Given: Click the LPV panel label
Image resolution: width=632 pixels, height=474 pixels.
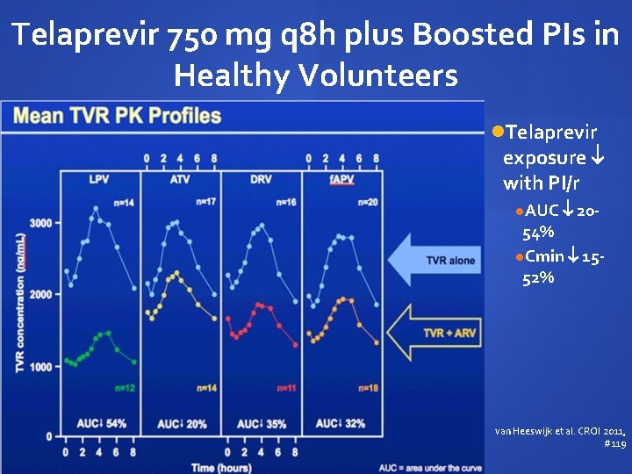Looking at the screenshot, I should [99, 180].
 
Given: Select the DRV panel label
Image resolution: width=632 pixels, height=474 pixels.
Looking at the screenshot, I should [261, 180].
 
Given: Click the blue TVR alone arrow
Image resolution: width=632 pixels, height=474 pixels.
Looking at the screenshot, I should [435, 259].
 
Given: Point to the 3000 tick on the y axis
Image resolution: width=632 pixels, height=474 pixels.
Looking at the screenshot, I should [40, 223].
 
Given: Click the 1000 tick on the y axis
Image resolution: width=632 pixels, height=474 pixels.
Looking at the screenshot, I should [40, 367].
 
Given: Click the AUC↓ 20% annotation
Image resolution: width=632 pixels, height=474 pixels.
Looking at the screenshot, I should [182, 424].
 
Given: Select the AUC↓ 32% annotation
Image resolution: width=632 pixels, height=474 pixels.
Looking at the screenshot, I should [341, 424].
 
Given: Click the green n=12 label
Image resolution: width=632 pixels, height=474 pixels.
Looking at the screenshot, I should [125, 387].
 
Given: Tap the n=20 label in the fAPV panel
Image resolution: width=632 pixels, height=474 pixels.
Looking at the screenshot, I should [367, 203].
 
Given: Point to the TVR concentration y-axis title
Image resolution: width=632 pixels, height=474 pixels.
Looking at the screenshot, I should [20, 303].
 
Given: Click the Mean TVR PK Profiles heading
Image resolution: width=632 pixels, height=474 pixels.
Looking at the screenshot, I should [116, 115].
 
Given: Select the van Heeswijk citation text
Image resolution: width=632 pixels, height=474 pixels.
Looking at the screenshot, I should [560, 437].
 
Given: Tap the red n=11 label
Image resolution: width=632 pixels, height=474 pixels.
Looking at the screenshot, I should [286, 387].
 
